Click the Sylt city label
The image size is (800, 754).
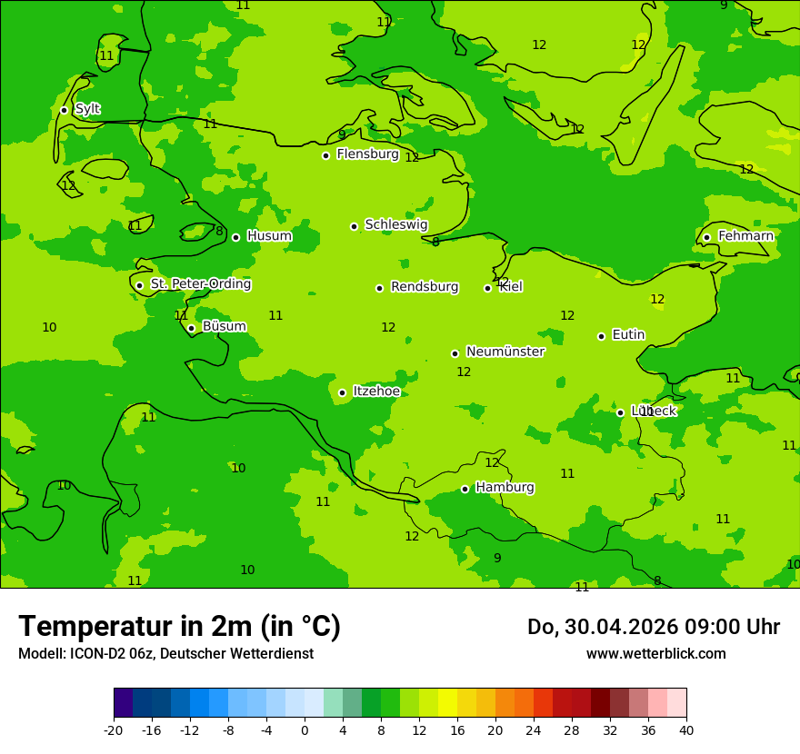[x=87, y=109]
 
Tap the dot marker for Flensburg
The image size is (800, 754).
[x=325, y=155]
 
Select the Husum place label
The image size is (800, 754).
[x=269, y=236]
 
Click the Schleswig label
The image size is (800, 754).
[x=395, y=224]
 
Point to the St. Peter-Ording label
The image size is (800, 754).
[x=200, y=284]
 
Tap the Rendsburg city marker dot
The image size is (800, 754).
[x=379, y=288]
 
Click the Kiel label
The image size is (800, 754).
[x=510, y=287]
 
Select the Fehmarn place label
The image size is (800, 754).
[x=745, y=236]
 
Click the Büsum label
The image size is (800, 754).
[x=224, y=326]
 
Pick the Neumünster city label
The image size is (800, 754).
[x=505, y=352]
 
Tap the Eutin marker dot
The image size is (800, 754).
[x=601, y=336]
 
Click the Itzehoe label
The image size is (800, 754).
[x=375, y=392]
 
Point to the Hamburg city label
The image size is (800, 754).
[x=505, y=488]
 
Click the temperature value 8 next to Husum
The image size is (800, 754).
[x=219, y=232]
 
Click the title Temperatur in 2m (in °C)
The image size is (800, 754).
[x=179, y=627]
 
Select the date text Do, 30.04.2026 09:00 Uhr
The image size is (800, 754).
[x=653, y=627]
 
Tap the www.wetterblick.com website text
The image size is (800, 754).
[x=655, y=654]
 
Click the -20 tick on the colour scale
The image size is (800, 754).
[x=114, y=730]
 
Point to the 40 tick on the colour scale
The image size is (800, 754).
[x=686, y=730]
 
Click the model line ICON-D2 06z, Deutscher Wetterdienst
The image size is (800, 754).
[x=165, y=654]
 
